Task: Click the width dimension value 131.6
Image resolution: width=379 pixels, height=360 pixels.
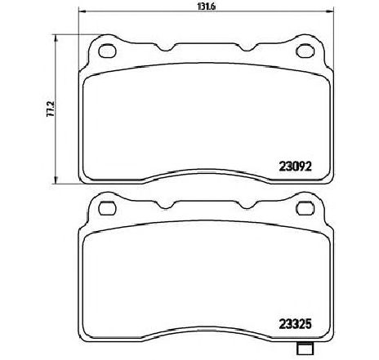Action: tap(206, 7)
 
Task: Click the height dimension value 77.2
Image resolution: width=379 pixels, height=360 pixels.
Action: tap(51, 109)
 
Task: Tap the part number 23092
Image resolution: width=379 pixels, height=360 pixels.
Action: tap(295, 167)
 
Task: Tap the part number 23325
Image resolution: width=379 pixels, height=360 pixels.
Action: tap(295, 324)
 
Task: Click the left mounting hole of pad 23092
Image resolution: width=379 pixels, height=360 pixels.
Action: tap(107, 51)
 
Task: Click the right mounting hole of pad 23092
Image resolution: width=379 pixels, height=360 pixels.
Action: tap(305, 51)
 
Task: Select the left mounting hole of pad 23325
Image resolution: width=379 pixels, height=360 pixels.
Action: tap(107, 208)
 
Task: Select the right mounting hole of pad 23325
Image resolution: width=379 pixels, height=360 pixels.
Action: tap(305, 208)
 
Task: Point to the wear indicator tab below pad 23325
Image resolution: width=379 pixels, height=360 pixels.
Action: tap(305, 348)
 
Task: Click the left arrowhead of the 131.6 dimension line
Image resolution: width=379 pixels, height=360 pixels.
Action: tap(82, 11)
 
